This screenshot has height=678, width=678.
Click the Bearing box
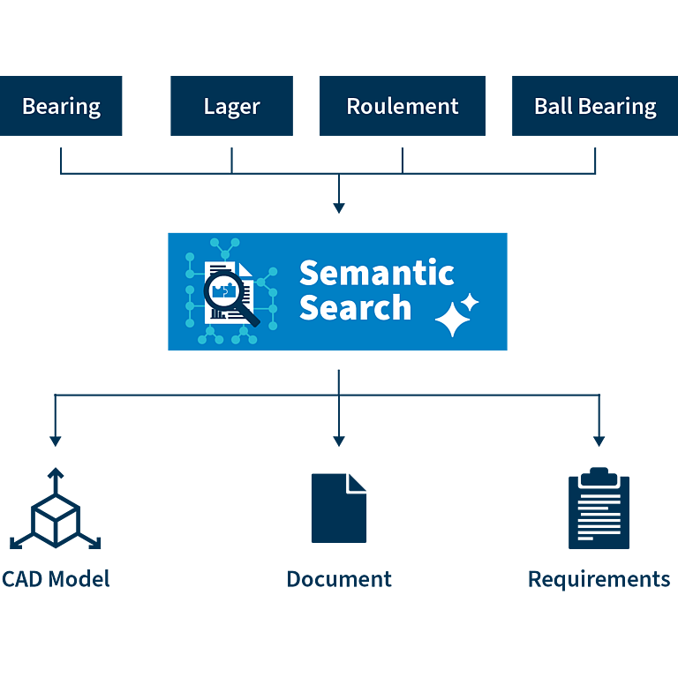coord(61,106)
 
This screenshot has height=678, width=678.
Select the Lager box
coord(232,106)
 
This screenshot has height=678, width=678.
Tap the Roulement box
coord(403,106)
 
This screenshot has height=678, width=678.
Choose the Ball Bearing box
coord(595,106)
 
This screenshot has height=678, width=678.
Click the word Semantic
coord(377,273)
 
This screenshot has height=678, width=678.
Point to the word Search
coord(355,307)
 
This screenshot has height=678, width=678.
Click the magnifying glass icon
coord(231,298)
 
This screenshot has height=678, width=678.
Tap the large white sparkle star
coord(452,320)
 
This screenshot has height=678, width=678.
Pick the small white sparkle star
coord(470,302)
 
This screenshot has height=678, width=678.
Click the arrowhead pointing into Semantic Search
coord(339,208)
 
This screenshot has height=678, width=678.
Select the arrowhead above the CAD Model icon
coord(56,441)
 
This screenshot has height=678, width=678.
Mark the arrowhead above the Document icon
coord(339,441)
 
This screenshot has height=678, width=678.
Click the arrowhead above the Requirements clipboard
coord(599,441)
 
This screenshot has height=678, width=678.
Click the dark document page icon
coord(339,508)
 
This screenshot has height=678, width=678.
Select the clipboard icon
coord(599,508)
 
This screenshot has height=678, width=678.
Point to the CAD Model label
coord(56,579)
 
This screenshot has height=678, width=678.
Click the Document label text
coord(339,579)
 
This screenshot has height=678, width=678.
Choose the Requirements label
coord(599,580)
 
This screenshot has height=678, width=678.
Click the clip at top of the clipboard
coord(599,477)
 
